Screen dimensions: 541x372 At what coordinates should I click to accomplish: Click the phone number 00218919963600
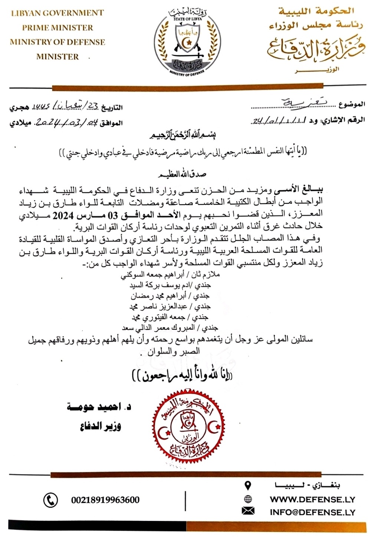click(x=105, y=500)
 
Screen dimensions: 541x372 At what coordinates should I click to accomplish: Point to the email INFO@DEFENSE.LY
click(x=312, y=512)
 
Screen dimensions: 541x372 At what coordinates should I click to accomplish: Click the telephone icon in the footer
click(x=50, y=500)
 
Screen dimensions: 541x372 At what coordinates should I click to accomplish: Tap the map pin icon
click(x=248, y=485)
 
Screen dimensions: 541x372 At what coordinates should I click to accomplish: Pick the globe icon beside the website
click(x=248, y=499)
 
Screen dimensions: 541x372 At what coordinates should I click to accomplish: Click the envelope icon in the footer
click(x=248, y=511)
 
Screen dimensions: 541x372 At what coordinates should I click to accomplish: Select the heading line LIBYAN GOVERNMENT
click(x=57, y=13)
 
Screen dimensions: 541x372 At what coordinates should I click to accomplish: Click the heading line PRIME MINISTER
click(x=57, y=27)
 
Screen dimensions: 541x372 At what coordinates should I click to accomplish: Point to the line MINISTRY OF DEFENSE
click(x=57, y=42)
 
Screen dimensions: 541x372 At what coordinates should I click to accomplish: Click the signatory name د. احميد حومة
click(x=99, y=407)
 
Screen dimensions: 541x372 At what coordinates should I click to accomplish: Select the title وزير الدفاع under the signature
click(x=101, y=426)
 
